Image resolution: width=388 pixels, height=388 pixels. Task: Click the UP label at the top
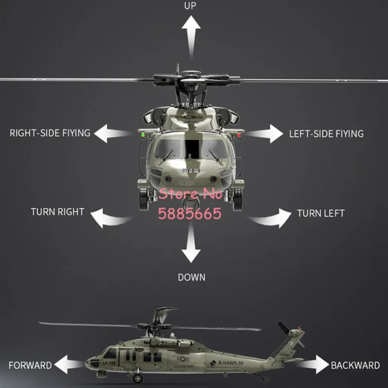(x=190, y=6)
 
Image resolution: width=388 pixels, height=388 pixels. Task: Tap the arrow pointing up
(x=191, y=37)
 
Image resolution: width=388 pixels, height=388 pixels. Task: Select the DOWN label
(x=192, y=277)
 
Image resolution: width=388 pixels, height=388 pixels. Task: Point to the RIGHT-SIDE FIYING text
(x=50, y=133)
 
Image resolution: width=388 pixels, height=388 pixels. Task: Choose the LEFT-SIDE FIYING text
(x=326, y=134)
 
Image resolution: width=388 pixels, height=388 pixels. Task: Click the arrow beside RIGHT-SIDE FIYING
(x=113, y=134)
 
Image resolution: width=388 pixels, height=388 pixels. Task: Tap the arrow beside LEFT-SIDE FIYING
(x=265, y=134)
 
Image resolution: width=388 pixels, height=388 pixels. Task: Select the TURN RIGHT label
(x=58, y=212)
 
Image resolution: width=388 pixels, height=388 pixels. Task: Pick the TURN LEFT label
(x=321, y=213)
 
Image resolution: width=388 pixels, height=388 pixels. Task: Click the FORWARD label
(x=30, y=366)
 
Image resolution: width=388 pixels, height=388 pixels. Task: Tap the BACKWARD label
(x=356, y=366)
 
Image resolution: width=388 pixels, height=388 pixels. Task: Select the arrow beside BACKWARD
(x=313, y=364)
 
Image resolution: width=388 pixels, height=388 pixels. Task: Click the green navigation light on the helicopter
(x=143, y=135)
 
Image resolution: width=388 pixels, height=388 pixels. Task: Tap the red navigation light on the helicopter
(x=239, y=135)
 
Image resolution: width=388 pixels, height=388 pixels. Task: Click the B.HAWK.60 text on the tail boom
(x=231, y=363)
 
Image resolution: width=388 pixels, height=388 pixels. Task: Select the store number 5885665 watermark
(x=190, y=213)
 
